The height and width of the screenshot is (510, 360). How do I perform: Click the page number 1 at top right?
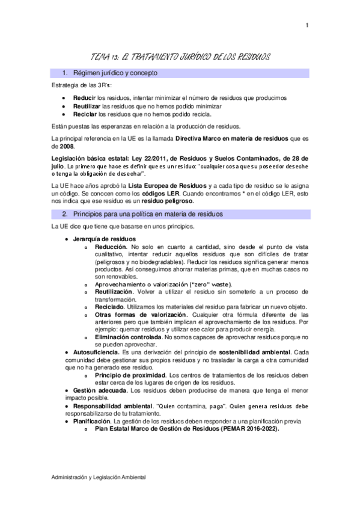307,25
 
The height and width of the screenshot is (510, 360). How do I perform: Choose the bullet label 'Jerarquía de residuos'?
100,239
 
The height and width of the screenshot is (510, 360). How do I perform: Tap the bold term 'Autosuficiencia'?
96,352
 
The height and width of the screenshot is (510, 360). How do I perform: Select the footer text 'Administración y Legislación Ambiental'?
99,477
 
